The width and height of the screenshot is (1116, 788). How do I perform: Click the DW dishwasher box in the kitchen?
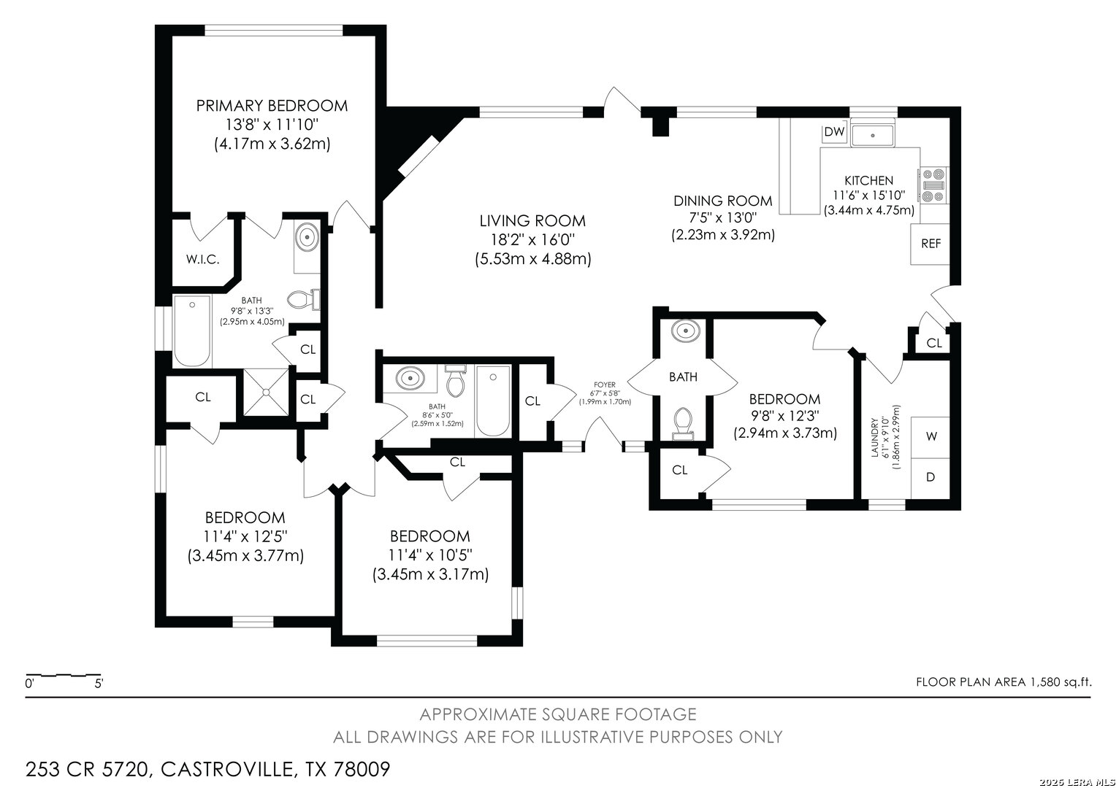[x=834, y=132]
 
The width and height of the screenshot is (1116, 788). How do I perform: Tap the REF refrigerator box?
[x=930, y=244]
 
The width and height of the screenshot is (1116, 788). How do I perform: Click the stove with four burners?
[x=933, y=185]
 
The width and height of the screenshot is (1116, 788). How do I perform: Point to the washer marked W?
[x=930, y=436]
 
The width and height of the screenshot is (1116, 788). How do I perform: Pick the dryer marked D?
[x=930, y=478]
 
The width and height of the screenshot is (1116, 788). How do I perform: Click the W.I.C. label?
[x=203, y=259]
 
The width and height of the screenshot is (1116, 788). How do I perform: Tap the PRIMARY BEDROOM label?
[x=272, y=106]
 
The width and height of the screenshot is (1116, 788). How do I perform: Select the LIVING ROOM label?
[x=532, y=220]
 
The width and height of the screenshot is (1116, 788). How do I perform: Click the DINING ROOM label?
[x=723, y=201]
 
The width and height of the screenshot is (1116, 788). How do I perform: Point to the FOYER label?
[x=605, y=385]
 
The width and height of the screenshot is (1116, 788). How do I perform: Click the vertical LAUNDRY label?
[x=874, y=438]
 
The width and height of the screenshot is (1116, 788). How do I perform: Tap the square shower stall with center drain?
[x=266, y=392]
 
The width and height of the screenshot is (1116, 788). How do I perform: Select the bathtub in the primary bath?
[x=192, y=331]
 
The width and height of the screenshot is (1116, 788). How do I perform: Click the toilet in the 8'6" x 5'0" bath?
[x=455, y=382]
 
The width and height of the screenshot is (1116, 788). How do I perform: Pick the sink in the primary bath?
[x=307, y=236]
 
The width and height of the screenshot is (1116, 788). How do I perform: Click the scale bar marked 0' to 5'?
[x=64, y=676]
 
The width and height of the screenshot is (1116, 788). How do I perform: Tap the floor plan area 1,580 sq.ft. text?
[x=1004, y=682]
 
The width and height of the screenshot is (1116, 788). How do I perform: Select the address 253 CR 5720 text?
[x=88, y=770]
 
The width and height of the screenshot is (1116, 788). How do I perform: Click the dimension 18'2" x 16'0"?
[x=532, y=240]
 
